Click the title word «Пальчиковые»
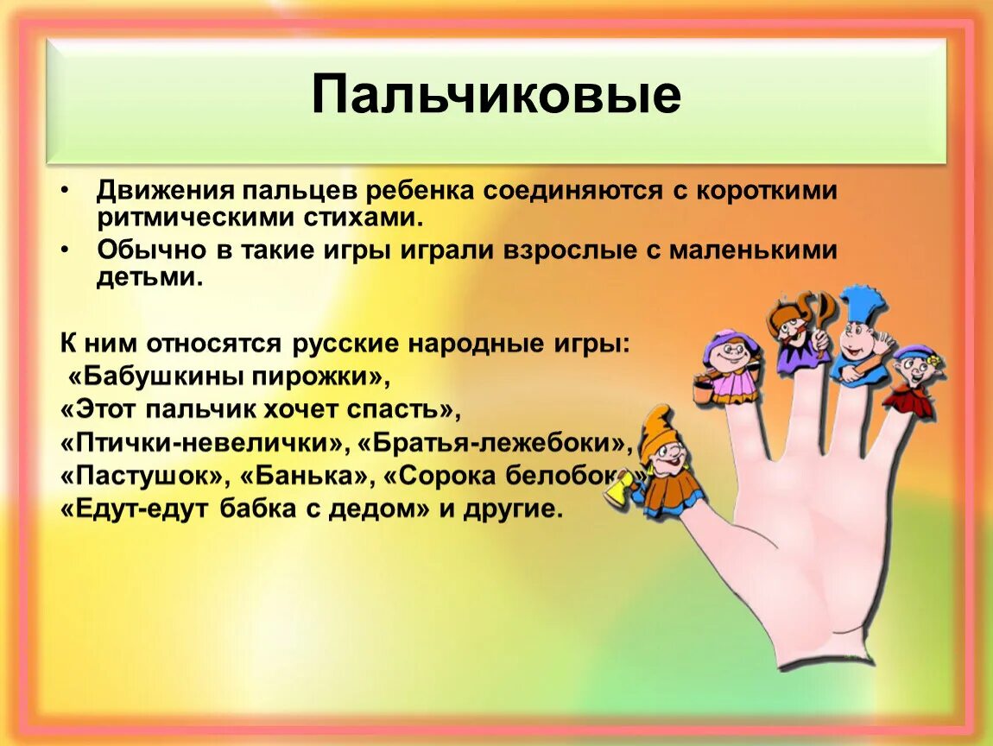tap(496, 96)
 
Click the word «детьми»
tap(149, 278)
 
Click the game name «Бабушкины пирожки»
tap(223, 376)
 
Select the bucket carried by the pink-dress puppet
tap(701, 389)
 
